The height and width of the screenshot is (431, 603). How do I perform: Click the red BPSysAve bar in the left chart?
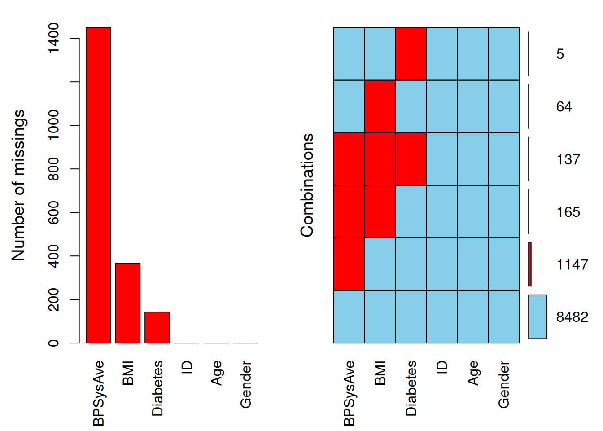[x=98, y=185]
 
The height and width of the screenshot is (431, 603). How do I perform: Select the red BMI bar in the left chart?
[x=128, y=303]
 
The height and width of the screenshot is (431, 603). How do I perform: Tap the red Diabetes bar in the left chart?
[x=157, y=327]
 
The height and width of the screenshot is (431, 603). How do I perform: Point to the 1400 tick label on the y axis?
[x=53, y=38]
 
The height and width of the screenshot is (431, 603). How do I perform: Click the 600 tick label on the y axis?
[x=53, y=212]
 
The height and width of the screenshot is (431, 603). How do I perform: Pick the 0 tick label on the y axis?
[x=53, y=343]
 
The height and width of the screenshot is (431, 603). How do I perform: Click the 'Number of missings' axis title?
[x=18, y=185]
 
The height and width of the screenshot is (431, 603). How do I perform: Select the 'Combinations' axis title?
[x=307, y=185]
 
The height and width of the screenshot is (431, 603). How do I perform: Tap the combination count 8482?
[x=572, y=317]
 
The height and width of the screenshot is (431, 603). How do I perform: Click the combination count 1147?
[x=572, y=264]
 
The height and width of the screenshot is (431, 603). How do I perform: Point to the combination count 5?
[x=560, y=54]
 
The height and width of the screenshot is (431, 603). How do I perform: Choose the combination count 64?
[x=564, y=107]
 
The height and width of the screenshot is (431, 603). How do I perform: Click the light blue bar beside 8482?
[x=537, y=317]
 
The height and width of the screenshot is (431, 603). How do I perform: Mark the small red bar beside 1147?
[x=530, y=264]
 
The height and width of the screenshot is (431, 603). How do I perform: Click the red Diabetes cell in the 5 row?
[x=411, y=54]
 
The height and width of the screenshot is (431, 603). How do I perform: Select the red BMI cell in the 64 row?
[x=380, y=106]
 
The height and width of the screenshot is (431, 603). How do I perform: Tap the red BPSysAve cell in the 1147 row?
[x=349, y=264]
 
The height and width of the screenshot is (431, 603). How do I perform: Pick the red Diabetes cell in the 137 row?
[x=411, y=159]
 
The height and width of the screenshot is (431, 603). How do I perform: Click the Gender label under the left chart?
[x=245, y=384]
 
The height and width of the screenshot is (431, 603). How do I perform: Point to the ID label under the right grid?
[x=442, y=367]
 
